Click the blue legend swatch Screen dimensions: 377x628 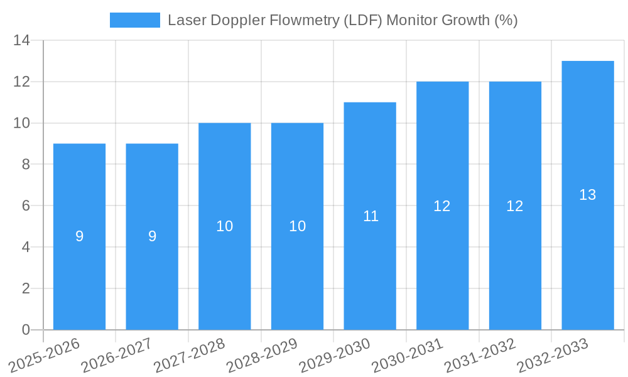[134, 20]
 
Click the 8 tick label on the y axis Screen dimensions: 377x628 [25, 165]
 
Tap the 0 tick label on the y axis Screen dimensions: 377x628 [25, 330]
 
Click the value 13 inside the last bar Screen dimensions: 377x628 [588, 195]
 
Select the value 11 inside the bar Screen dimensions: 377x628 [371, 216]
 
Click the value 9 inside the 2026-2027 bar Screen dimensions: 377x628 [152, 236]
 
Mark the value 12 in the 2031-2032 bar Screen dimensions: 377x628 [515, 206]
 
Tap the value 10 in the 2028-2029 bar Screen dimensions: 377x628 [297, 226]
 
